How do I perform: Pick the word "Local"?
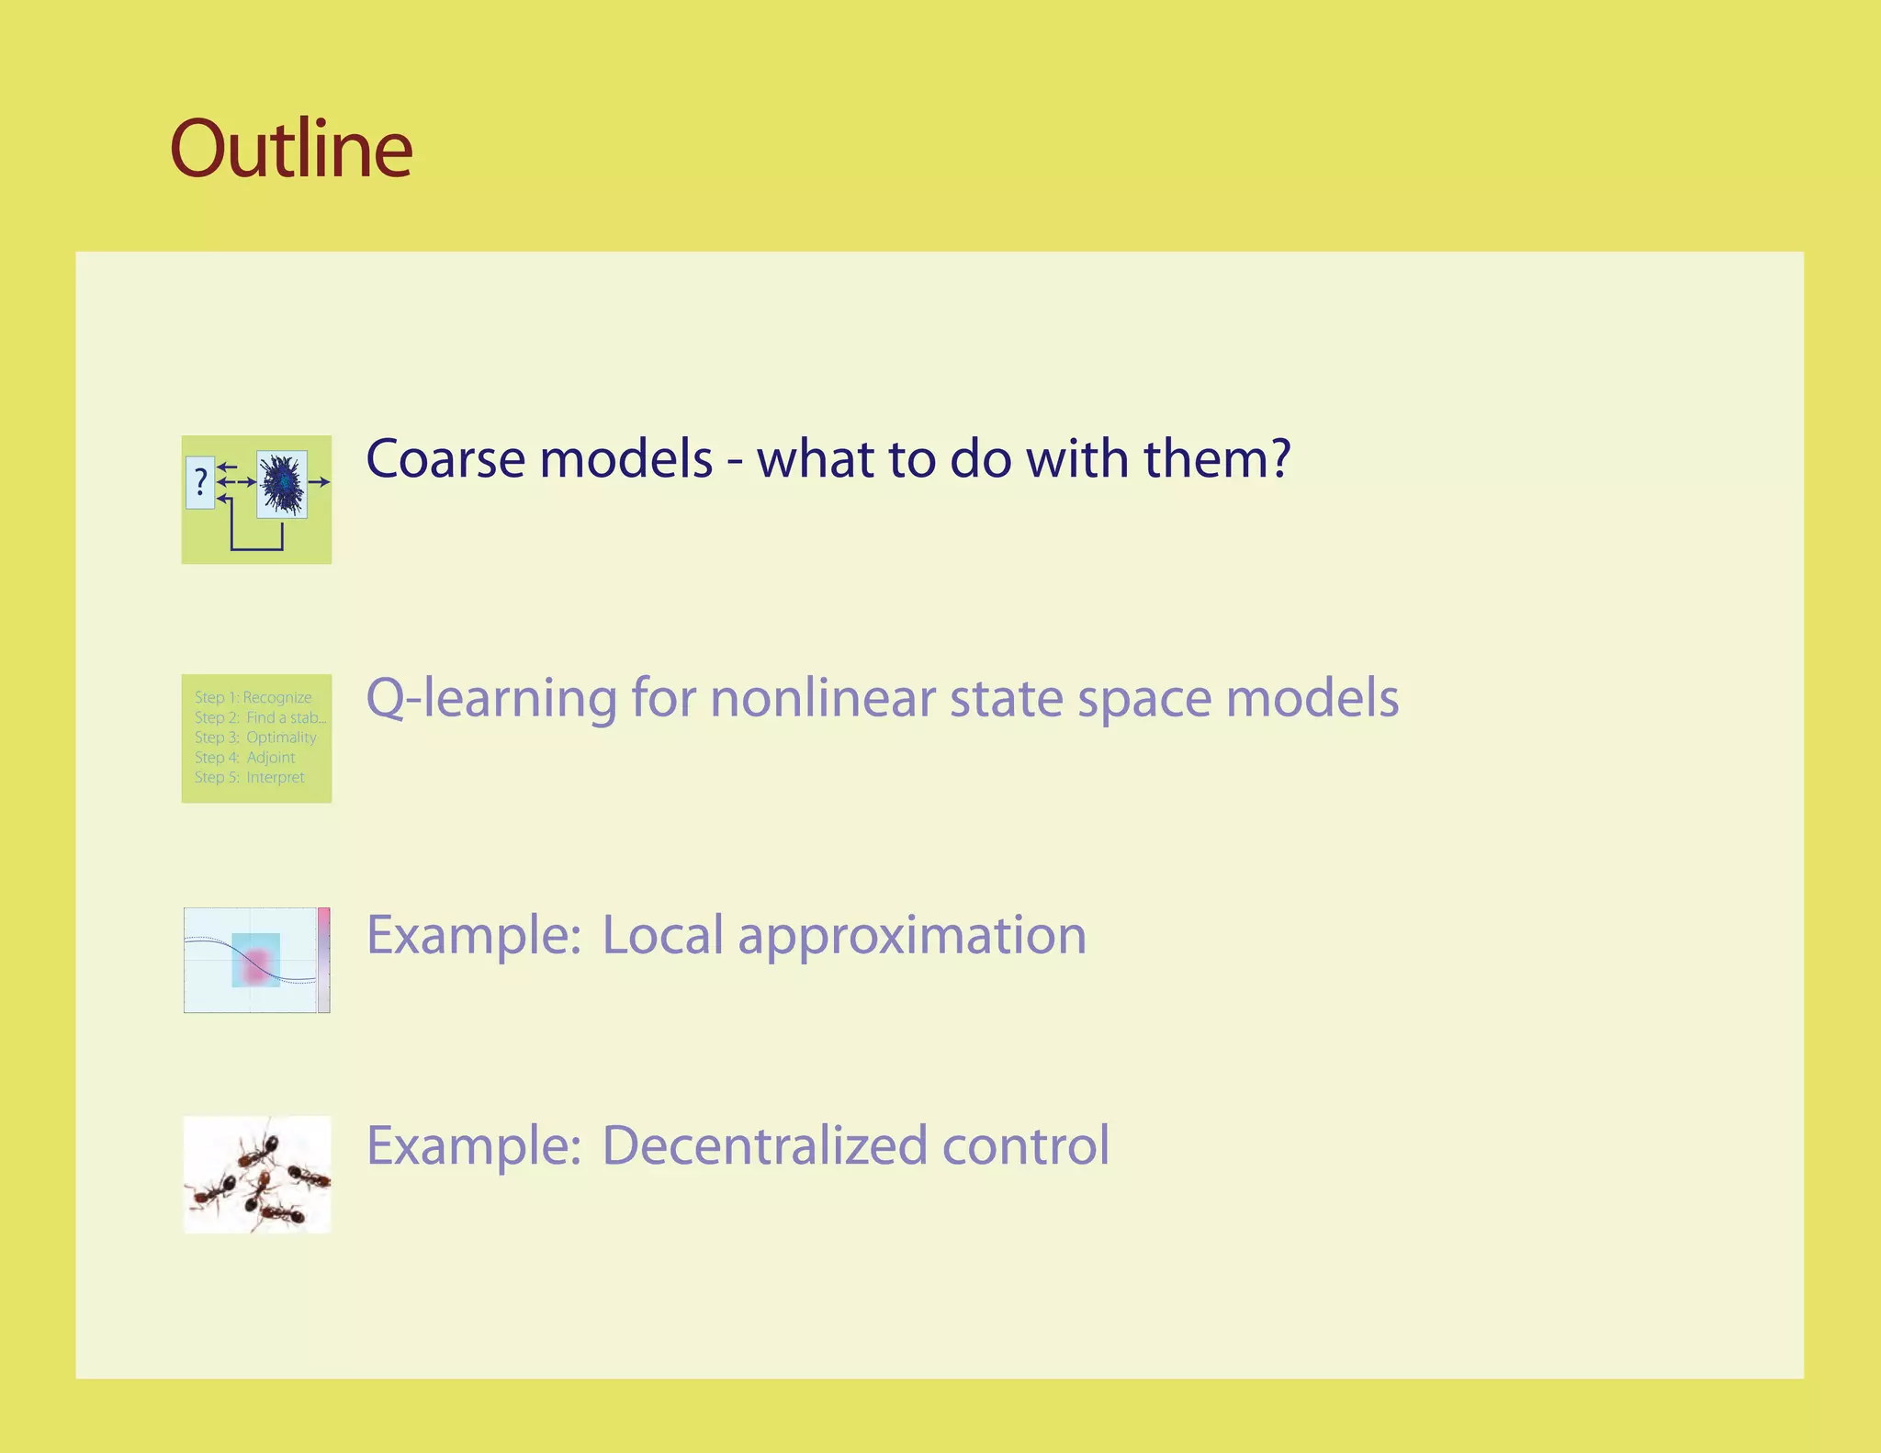click(x=662, y=936)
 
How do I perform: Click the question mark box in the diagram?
click(x=200, y=482)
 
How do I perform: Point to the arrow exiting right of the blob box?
click(x=319, y=481)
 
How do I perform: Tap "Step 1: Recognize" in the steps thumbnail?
click(x=253, y=698)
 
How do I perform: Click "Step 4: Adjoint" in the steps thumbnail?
click(x=244, y=758)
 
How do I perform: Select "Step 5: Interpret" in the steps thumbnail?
click(x=249, y=777)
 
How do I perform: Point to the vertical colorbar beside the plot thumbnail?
click(x=323, y=960)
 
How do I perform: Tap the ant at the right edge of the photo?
click(x=309, y=1176)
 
